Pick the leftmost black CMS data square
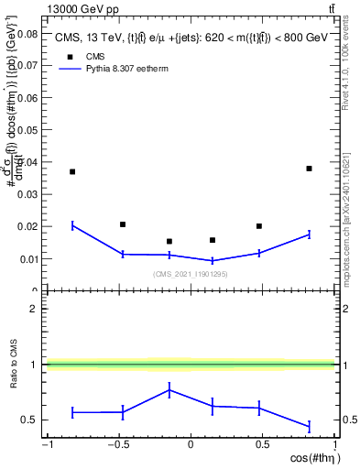[72, 171]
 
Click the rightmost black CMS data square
[309, 169]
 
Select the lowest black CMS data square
[169, 242]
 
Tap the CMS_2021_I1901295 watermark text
[191, 274]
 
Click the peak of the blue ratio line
[169, 390]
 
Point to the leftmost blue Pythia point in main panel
[72, 224]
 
